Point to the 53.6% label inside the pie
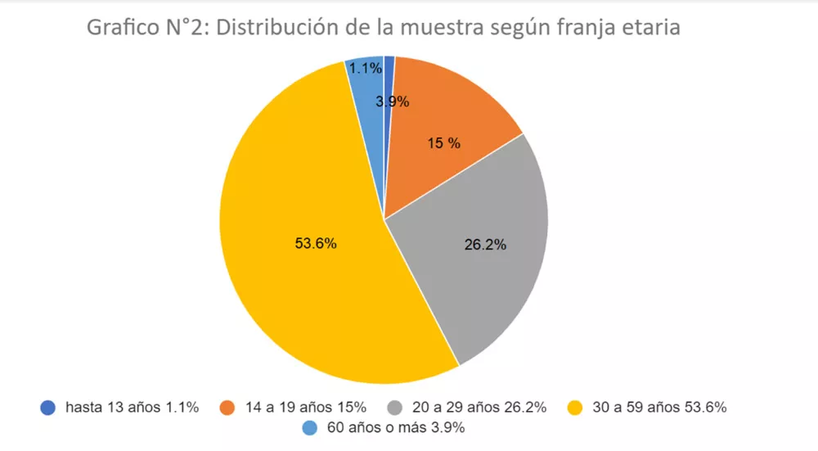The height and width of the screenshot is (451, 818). point(316,243)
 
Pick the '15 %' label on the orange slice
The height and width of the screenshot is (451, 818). point(444,143)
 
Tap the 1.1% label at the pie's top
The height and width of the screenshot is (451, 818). point(365,69)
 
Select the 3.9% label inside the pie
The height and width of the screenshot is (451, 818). point(393,102)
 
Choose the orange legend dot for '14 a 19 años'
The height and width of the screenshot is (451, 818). point(228,407)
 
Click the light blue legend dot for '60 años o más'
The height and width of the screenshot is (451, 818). point(310,427)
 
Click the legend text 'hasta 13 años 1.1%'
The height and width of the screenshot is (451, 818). point(132,407)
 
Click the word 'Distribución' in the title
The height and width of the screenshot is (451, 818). point(288,28)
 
